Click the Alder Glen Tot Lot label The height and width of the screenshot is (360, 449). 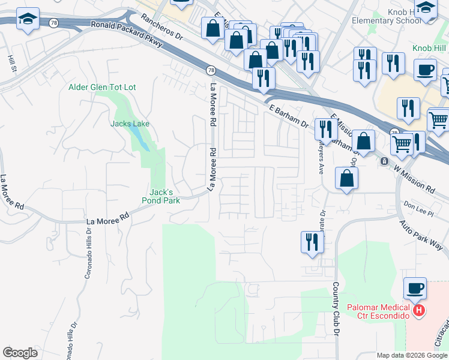point(102,88)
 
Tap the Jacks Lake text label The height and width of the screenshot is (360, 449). point(129,124)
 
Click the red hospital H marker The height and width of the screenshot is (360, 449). point(420,311)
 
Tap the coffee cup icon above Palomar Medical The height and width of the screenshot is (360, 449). point(414,289)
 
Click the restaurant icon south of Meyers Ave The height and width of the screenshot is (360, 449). point(312,242)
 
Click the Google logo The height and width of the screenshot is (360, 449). point(20,353)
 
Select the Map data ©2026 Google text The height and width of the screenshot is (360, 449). point(412,355)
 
